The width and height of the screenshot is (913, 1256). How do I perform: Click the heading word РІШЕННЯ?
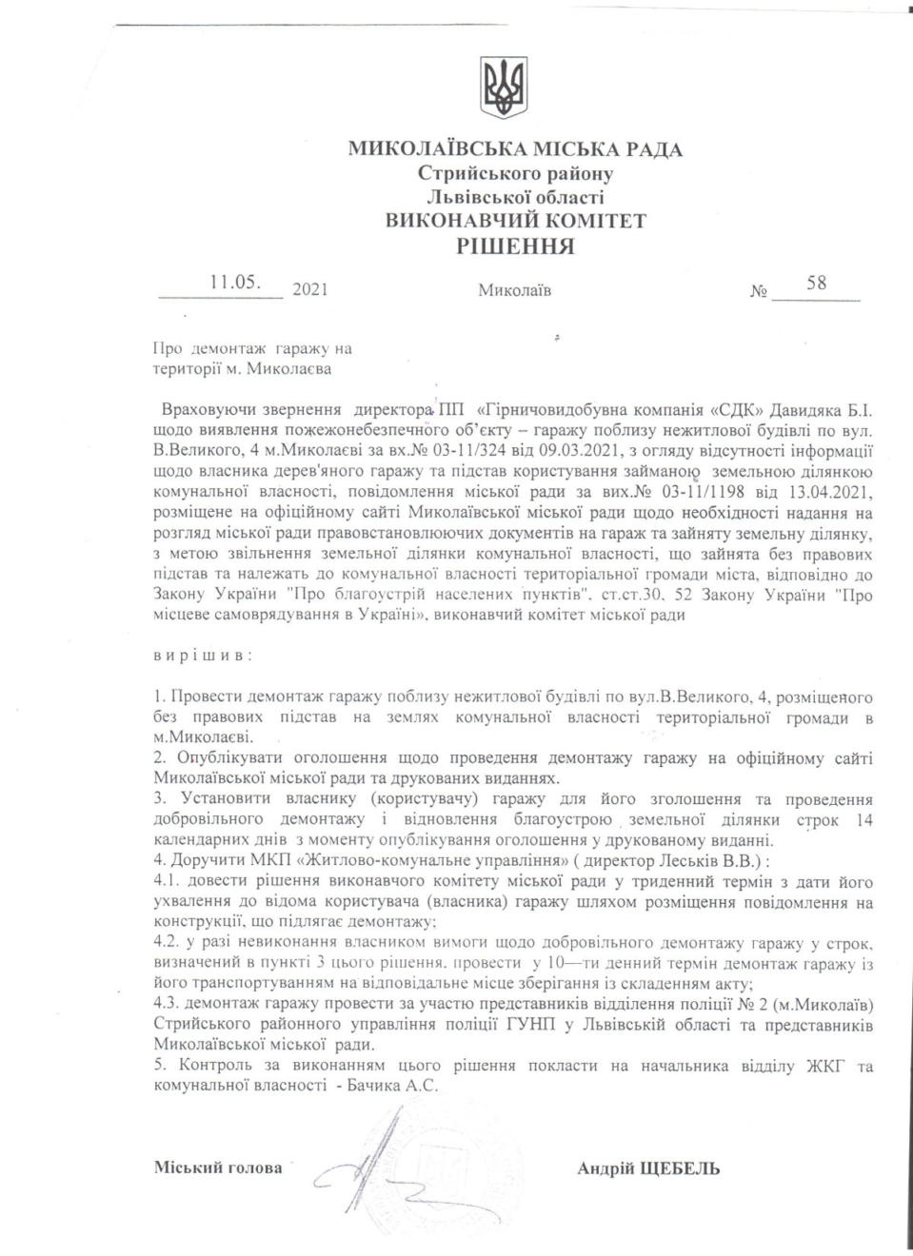(515, 246)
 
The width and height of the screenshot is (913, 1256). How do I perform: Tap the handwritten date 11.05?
(235, 282)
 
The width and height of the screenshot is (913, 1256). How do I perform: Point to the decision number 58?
(816, 283)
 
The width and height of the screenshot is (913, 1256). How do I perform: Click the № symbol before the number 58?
(758, 290)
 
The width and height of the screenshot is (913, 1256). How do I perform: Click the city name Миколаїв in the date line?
(514, 289)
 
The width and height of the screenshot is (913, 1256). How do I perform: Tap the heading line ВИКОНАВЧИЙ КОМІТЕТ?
(515, 221)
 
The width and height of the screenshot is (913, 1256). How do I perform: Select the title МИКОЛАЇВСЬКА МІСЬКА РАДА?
(515, 149)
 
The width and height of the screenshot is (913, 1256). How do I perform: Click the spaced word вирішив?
(203, 656)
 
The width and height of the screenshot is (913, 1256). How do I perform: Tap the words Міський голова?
(218, 1168)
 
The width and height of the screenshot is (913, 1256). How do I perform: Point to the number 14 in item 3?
(863, 820)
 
